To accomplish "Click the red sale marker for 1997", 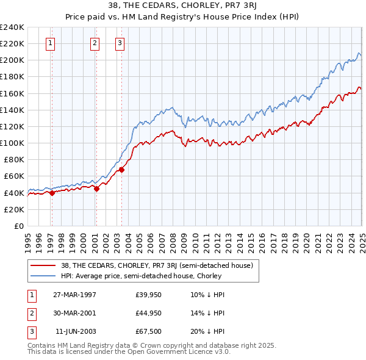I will (x=52, y=193).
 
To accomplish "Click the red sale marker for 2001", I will (x=96, y=189).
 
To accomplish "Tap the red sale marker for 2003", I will (x=121, y=170).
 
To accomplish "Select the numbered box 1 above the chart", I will (x=49, y=43).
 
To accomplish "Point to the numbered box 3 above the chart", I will (x=120, y=43).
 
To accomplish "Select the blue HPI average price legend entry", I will (x=140, y=276).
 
